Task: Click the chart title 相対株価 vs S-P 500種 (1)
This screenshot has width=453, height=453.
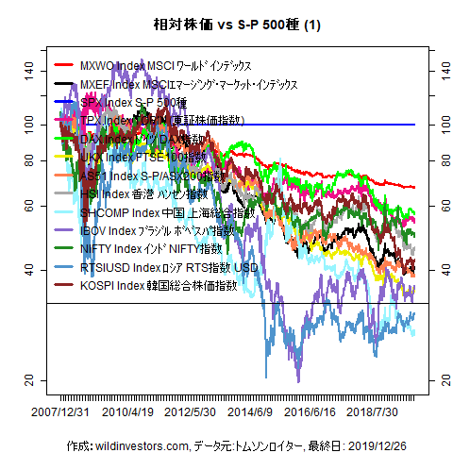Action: pyautogui.click(x=226, y=25)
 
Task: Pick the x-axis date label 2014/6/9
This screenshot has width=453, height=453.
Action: pyautogui.click(x=250, y=412)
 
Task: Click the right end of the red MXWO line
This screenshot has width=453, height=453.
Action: pyautogui.click(x=413, y=187)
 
